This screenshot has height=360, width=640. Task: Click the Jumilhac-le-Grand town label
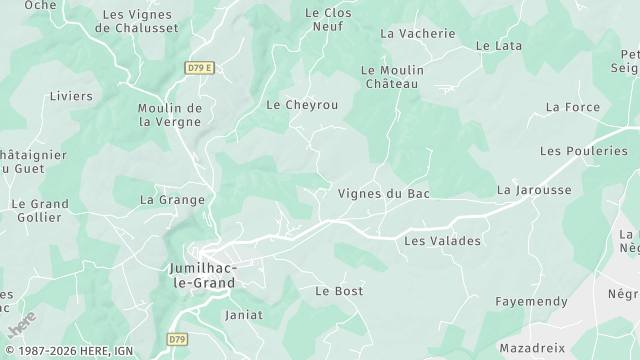[x=204, y=276]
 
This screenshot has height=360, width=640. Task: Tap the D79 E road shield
[x=201, y=68]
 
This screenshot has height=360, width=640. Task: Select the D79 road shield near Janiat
[x=178, y=340]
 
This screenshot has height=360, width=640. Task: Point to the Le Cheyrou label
[x=301, y=104]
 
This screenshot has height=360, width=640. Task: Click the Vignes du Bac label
[x=384, y=193]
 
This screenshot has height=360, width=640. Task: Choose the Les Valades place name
[x=442, y=241]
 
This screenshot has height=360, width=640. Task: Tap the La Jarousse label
[x=534, y=189]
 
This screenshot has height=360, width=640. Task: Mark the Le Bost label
[x=339, y=291]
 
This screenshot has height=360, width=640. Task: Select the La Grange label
[x=172, y=200]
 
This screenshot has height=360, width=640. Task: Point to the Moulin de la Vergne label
[x=170, y=114]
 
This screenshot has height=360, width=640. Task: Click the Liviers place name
[x=70, y=96]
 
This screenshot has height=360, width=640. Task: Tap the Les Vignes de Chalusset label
[x=136, y=21]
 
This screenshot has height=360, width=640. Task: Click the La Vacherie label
[x=417, y=33]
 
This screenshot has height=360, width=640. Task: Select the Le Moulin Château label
[x=392, y=77]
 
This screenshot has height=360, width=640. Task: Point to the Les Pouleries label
[x=583, y=151]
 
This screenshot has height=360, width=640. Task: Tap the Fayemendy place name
[x=531, y=301]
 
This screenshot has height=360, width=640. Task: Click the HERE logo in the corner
[x=19, y=327]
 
